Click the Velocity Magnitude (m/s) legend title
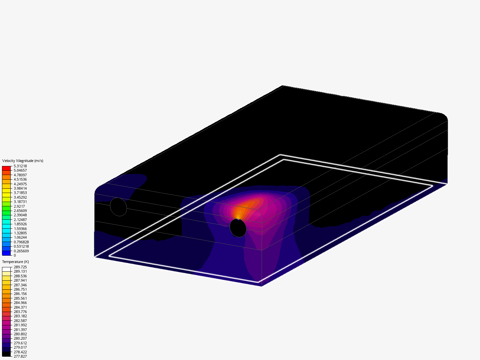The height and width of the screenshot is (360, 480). (23, 161)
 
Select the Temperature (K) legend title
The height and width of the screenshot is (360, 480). (16, 262)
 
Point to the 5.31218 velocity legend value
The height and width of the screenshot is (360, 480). (20, 166)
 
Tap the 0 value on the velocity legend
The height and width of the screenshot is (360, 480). (15, 255)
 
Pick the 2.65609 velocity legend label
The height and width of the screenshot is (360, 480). (20, 211)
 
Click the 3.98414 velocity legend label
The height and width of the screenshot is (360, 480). (20, 188)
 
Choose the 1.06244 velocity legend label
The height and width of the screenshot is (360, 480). (20, 237)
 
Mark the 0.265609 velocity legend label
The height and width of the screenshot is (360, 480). (21, 251)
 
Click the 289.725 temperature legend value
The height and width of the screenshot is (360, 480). (20, 267)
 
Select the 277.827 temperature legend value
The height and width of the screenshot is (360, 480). (20, 356)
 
